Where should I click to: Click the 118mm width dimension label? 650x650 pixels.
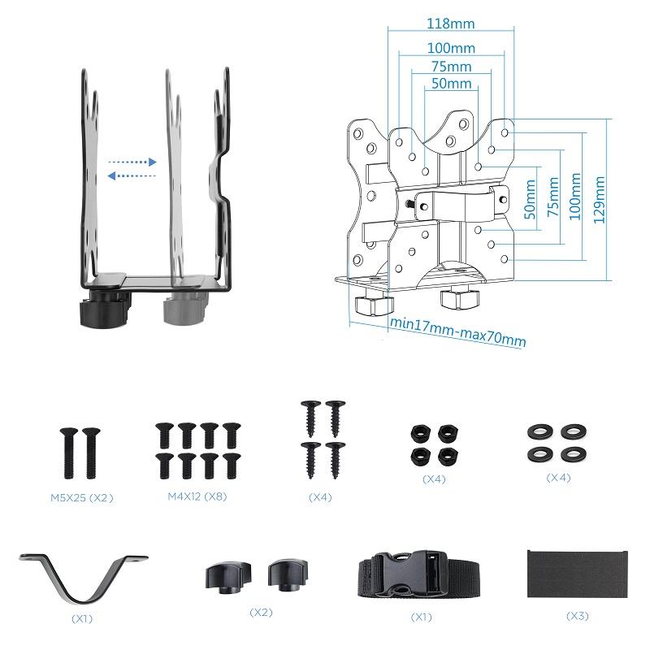click(x=451, y=24)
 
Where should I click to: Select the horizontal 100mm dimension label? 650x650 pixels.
click(x=451, y=49)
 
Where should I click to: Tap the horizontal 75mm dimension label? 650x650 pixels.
click(x=451, y=66)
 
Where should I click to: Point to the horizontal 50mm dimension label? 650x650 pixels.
click(x=451, y=84)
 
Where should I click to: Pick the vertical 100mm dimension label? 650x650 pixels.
click(x=576, y=200)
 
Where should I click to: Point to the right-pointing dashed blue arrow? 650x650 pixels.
click(x=132, y=162)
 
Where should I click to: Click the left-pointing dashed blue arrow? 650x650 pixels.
click(x=132, y=175)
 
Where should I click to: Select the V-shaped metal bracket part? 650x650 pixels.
click(x=83, y=577)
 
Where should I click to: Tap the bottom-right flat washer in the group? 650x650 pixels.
click(x=568, y=453)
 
